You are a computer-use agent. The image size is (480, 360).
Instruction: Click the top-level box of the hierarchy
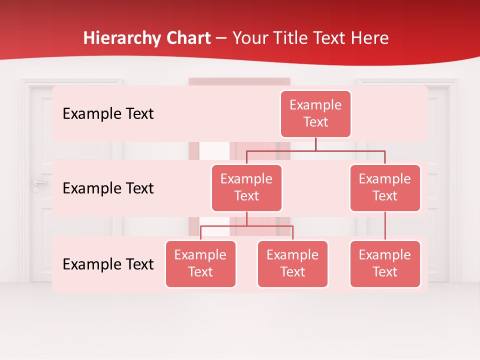pyautogui.click(x=315, y=114)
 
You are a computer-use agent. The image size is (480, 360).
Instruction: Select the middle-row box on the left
pyautogui.click(x=246, y=187)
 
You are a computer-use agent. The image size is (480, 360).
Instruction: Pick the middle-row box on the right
pyautogui.click(x=385, y=187)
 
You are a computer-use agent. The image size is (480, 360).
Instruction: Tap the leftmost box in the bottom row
pyautogui.click(x=200, y=263)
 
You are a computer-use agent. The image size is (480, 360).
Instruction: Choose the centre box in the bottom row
pyautogui.click(x=292, y=263)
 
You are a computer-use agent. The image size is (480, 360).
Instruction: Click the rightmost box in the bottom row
pyautogui.click(x=385, y=263)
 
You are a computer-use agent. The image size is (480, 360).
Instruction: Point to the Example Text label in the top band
pyautogui.click(x=108, y=114)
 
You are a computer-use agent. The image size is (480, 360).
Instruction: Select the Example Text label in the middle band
pyautogui.click(x=108, y=188)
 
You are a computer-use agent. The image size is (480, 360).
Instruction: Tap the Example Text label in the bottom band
pyautogui.click(x=108, y=264)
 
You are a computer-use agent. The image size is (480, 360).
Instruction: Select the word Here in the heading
pyautogui.click(x=370, y=38)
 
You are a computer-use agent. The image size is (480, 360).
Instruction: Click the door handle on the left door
pyautogui.click(x=39, y=183)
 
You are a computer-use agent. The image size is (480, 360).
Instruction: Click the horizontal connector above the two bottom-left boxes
pyautogui.click(x=246, y=226)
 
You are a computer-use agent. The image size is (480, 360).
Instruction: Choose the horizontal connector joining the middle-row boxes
pyautogui.click(x=315, y=150)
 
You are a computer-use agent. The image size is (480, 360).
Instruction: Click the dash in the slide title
pyautogui.click(x=221, y=38)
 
